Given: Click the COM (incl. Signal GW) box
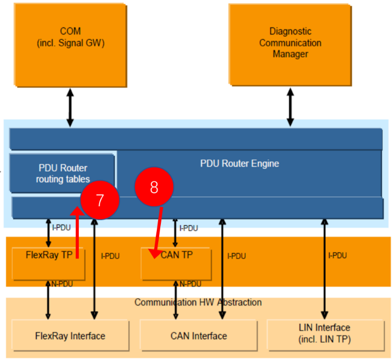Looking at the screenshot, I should pos(70,36).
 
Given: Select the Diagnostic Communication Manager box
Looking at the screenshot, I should pos(290,43).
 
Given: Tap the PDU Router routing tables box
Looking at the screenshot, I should pos(62,173).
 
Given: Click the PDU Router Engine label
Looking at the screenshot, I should pos(240,163).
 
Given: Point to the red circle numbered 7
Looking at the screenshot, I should pos(100,200).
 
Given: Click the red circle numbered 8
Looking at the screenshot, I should pos(154,188).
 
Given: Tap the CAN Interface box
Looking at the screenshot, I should pos(198,336).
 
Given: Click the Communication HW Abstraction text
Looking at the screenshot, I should pos(198,302).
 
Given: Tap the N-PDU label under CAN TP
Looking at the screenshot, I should pos(190,283).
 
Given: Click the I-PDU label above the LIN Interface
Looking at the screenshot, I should pos(338,256).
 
